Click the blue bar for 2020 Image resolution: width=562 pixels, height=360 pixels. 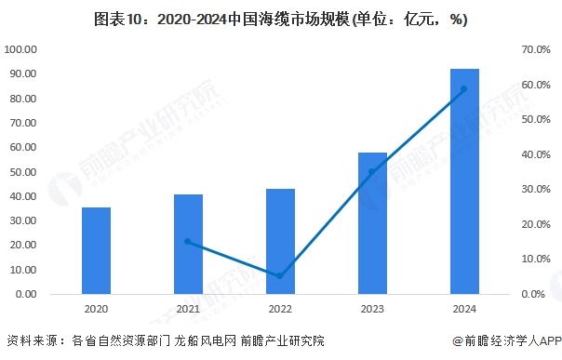coord(96,250)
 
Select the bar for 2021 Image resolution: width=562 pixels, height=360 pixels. coord(188,244)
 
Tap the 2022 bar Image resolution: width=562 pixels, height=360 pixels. coord(280,241)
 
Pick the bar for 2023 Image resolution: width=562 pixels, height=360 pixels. coord(371,223)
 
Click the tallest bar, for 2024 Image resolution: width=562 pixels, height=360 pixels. coord(464,181)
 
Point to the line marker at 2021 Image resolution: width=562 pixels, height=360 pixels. coord(188,242)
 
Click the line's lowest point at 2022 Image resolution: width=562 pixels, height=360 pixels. coord(280,275)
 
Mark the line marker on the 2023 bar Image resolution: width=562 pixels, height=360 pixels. coord(372,171)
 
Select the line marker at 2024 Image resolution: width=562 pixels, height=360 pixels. coord(464,89)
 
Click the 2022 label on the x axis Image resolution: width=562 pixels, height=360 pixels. coord(280,309)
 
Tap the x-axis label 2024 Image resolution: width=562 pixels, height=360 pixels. coord(464,309)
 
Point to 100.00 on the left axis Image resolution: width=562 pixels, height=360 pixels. coord(20,49)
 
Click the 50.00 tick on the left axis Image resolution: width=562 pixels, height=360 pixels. coord(21,172)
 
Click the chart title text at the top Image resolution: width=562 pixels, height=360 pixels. coord(280,18)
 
